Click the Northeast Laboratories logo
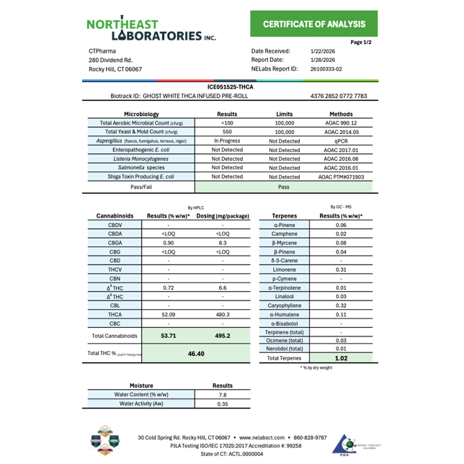(x=151, y=29)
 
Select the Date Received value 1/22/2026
(x=323, y=51)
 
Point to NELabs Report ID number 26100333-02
(x=326, y=69)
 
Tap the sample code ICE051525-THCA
(x=230, y=86)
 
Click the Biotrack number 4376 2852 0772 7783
(x=339, y=96)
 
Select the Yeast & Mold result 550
(x=227, y=132)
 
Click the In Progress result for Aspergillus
(x=227, y=141)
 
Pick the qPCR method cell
(x=341, y=141)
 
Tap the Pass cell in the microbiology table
(x=284, y=187)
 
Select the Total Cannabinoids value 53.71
(x=169, y=336)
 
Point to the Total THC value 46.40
(x=196, y=354)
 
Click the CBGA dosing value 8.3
(x=223, y=243)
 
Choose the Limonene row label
(x=284, y=269)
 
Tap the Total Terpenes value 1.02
(x=341, y=357)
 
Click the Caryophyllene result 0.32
(x=341, y=305)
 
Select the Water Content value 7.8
(x=222, y=394)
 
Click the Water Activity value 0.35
(x=222, y=403)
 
